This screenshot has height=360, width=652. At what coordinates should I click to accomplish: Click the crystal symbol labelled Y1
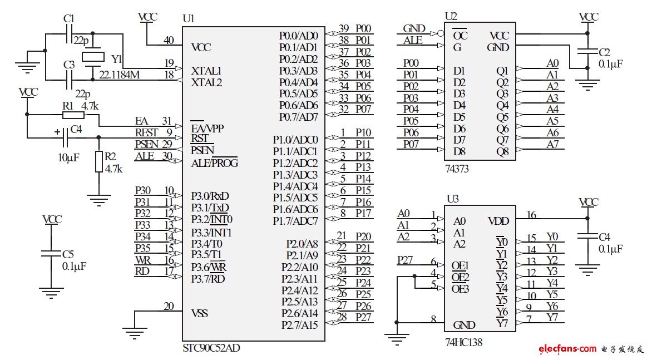point(93,56)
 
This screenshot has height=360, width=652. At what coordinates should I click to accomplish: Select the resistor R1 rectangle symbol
point(73,115)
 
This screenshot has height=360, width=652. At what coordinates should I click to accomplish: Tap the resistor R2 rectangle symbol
point(98,161)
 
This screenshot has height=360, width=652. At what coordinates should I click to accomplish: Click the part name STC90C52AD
point(211,348)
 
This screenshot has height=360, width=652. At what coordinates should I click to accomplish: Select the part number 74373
point(457,167)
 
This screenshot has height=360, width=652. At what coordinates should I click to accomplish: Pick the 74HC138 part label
point(463,343)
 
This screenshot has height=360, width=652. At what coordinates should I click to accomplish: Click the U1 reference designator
point(189,18)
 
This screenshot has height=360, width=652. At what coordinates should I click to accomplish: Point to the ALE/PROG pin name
point(214,163)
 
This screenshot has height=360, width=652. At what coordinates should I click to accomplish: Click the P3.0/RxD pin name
point(210,196)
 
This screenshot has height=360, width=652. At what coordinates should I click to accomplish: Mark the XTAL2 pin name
point(206,82)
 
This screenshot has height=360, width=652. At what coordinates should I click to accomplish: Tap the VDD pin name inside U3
point(498,221)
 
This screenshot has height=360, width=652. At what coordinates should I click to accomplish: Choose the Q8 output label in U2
point(502,151)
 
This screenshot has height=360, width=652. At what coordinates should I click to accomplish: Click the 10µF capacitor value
point(68,157)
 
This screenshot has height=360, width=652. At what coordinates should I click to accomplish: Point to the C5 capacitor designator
point(67,255)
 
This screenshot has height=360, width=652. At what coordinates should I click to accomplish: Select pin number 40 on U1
point(169,40)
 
